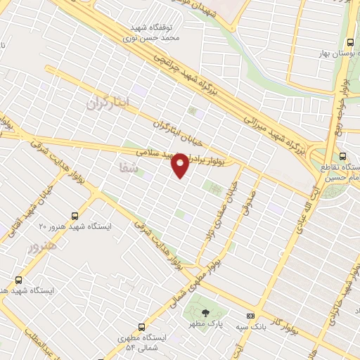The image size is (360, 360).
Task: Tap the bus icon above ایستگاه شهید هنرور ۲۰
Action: [x=75, y=216]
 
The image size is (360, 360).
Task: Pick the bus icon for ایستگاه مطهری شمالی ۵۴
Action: [x=143, y=327]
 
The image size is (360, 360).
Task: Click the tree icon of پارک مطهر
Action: [x=205, y=314]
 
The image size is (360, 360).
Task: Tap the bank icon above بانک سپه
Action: [x=251, y=315]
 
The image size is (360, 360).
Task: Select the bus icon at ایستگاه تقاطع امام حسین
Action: [x=342, y=156]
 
